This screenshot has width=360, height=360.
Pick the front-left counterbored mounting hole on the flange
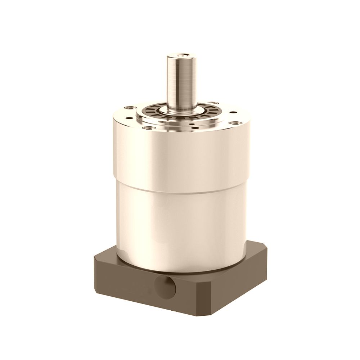point(146,127)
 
